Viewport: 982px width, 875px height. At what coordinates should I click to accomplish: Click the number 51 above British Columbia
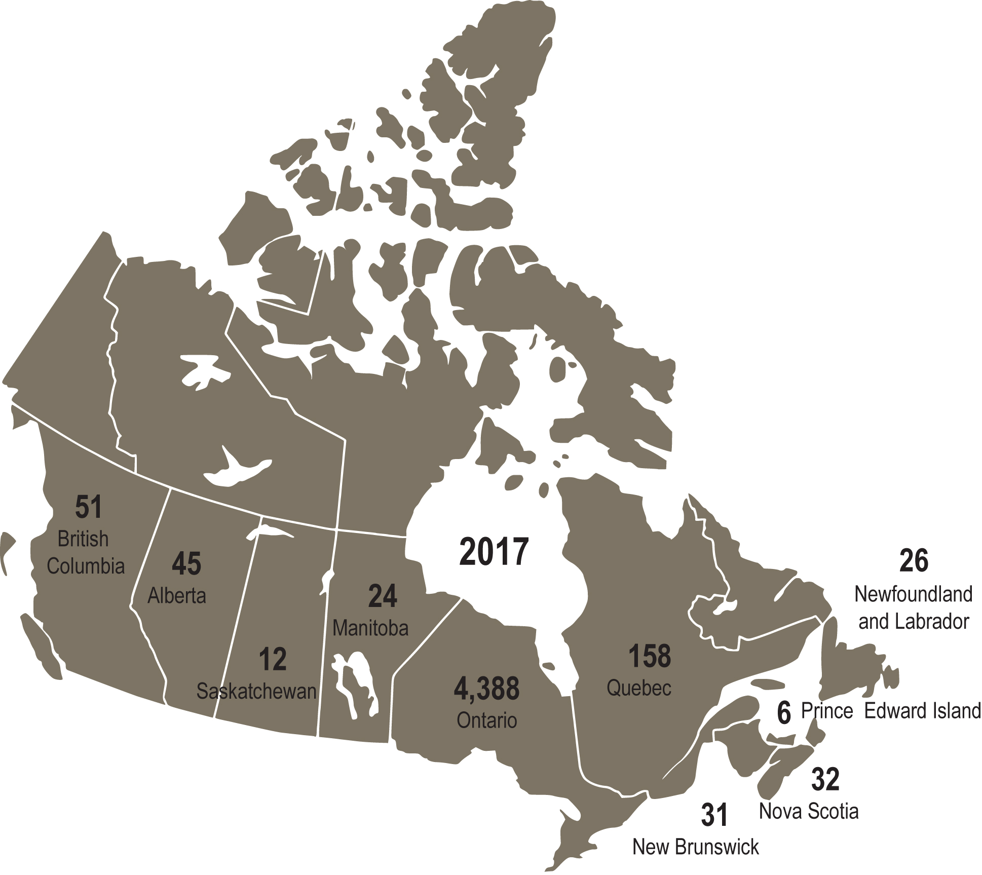(x=89, y=507)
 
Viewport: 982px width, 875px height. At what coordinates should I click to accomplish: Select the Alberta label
(x=177, y=596)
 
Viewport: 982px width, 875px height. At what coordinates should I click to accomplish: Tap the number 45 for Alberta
(x=186, y=563)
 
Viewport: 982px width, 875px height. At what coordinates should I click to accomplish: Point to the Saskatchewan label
(x=256, y=692)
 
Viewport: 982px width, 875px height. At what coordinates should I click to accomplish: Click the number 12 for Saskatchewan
(x=273, y=659)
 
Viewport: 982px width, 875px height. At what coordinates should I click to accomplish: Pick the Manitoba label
(x=370, y=628)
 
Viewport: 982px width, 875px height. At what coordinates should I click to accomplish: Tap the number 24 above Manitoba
(x=383, y=596)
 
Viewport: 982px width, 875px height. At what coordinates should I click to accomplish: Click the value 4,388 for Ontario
(x=486, y=689)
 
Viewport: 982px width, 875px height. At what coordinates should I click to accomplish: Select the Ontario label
(x=487, y=720)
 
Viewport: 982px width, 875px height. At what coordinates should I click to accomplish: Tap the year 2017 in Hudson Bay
(x=494, y=552)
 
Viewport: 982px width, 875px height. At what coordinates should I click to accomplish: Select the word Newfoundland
(x=914, y=594)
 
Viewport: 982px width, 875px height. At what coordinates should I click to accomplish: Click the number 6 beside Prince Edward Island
(x=784, y=713)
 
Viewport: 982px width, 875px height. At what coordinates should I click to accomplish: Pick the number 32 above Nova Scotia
(x=825, y=779)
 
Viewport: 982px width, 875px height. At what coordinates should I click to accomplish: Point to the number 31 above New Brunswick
(x=714, y=815)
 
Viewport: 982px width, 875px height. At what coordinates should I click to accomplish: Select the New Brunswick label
(x=696, y=847)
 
